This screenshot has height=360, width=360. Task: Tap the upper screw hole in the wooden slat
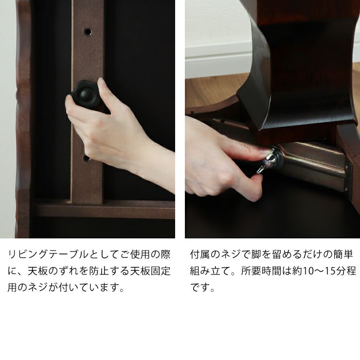tap(88, 32)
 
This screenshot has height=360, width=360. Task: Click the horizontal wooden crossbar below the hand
tap(102, 209)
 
